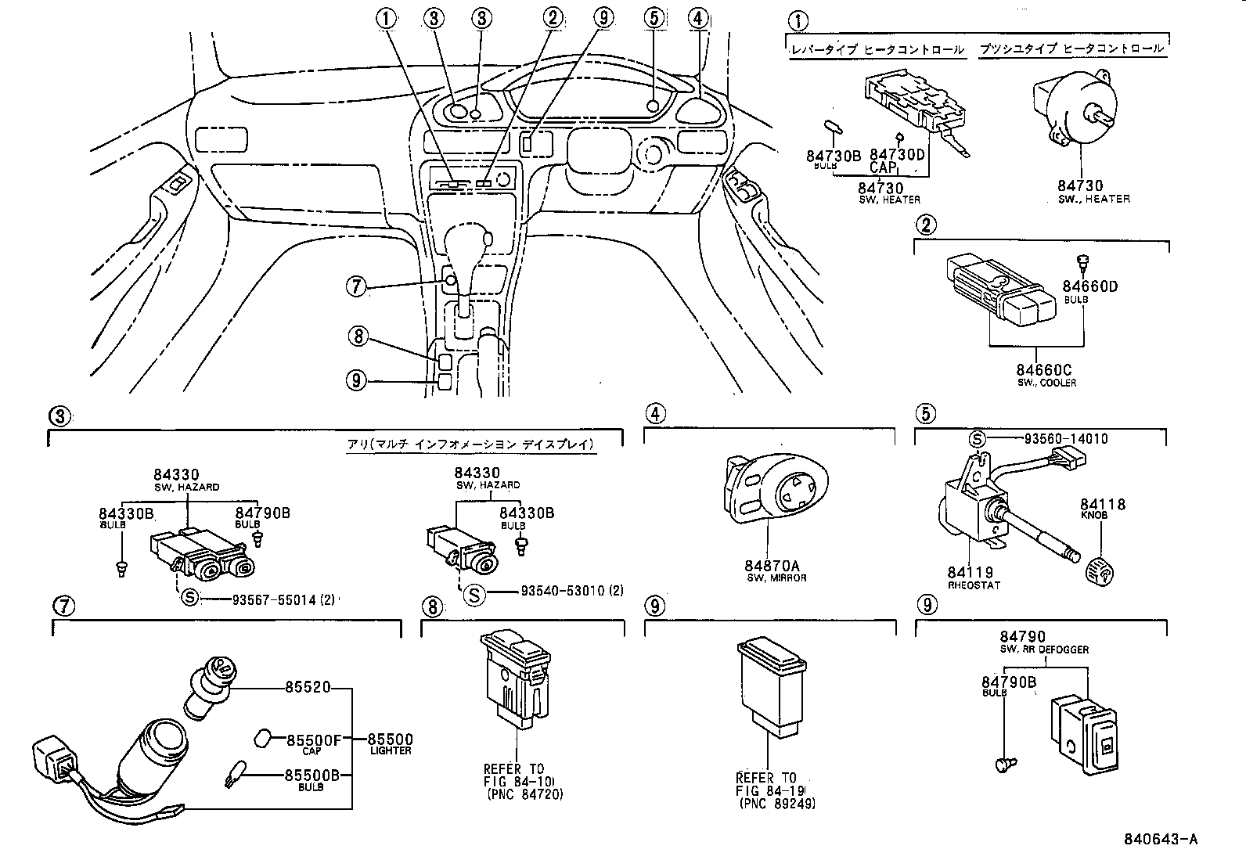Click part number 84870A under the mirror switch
[x=766, y=566]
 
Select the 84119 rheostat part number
[x=970, y=573]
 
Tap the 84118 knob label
[x=1103, y=505]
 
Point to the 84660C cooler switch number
[x=1043, y=370]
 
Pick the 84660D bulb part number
[x=1090, y=286]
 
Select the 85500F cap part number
[x=314, y=739]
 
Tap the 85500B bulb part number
[x=312, y=775]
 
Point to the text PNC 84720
[x=524, y=795]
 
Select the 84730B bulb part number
[x=834, y=156]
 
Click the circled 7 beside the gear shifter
[x=355, y=287]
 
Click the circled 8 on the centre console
[x=357, y=336]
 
